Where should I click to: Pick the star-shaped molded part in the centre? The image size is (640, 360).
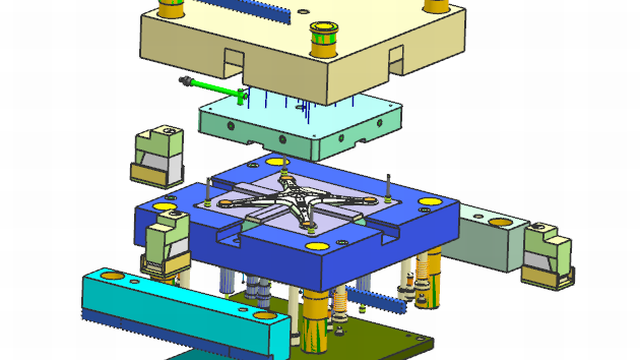coord(300,199)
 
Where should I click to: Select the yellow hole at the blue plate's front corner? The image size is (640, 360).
coord(313,243)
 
